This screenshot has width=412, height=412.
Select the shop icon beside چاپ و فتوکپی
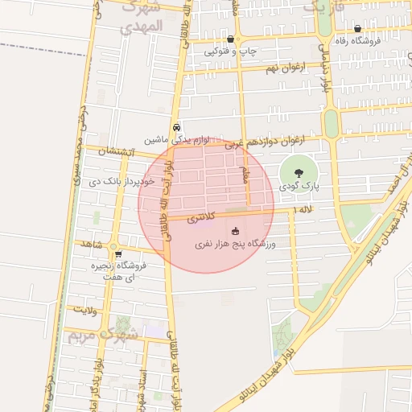tap(231, 39)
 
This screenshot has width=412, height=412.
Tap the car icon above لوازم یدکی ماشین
tap(176, 127)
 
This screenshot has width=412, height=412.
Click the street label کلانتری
tap(201, 218)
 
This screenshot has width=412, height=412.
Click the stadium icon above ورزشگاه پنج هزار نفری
tap(235, 232)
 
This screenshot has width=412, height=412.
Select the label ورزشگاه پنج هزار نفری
tap(235, 243)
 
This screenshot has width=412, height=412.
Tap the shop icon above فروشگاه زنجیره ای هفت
tap(118, 253)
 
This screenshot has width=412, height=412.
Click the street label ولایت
tap(85, 307)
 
